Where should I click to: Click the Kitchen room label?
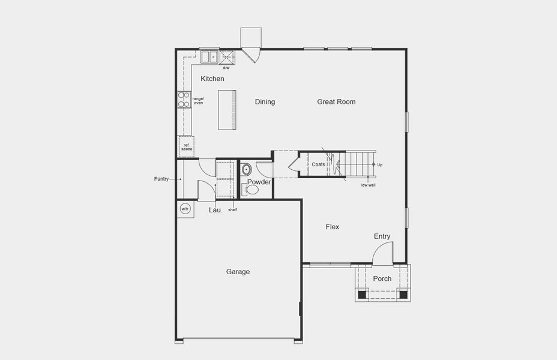(212, 79)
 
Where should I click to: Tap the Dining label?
(265, 102)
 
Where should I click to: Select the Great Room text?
(336, 102)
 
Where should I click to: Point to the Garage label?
(238, 272)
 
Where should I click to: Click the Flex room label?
(333, 227)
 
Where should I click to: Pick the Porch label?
(382, 278)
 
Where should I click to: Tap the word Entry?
(382, 236)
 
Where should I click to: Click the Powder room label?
(259, 182)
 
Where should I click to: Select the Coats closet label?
(318, 164)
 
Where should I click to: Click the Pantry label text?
(161, 179)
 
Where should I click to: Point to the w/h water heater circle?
(185, 209)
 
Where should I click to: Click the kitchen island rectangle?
(227, 109)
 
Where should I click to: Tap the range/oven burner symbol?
(184, 100)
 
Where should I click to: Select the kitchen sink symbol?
(209, 57)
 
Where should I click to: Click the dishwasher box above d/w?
(227, 57)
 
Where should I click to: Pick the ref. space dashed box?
(186, 146)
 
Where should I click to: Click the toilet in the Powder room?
(251, 190)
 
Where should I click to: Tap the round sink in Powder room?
(247, 169)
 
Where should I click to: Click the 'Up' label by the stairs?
(379, 164)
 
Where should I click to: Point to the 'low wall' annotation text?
(368, 185)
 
